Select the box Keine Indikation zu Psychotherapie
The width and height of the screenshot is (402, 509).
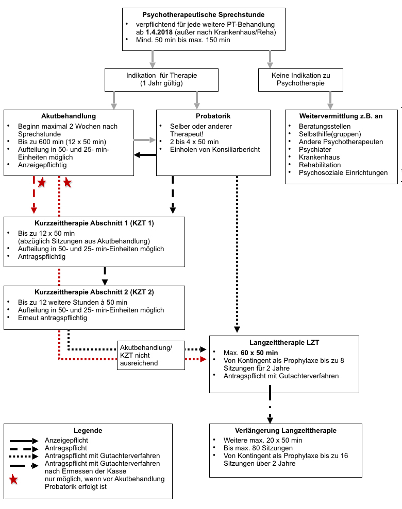(x=300, y=79)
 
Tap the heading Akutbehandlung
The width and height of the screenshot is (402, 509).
(x=69, y=116)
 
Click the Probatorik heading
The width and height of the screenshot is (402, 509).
(x=213, y=116)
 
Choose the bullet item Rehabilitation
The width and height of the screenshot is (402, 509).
(x=320, y=165)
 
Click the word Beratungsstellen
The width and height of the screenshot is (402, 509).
(x=325, y=126)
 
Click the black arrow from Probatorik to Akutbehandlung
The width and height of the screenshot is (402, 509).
(x=145, y=154)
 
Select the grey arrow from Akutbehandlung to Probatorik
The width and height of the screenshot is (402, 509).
(x=145, y=140)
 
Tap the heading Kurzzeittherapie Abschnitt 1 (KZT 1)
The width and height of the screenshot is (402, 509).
(x=94, y=223)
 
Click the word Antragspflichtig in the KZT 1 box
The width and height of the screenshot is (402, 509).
(x=42, y=256)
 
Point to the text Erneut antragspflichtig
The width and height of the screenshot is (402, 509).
(x=52, y=318)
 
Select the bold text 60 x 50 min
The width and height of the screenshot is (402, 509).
(x=259, y=353)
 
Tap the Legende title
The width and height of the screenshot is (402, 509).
(x=88, y=430)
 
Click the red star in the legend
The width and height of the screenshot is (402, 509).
(x=14, y=480)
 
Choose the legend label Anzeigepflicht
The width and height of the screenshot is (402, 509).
(x=66, y=441)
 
